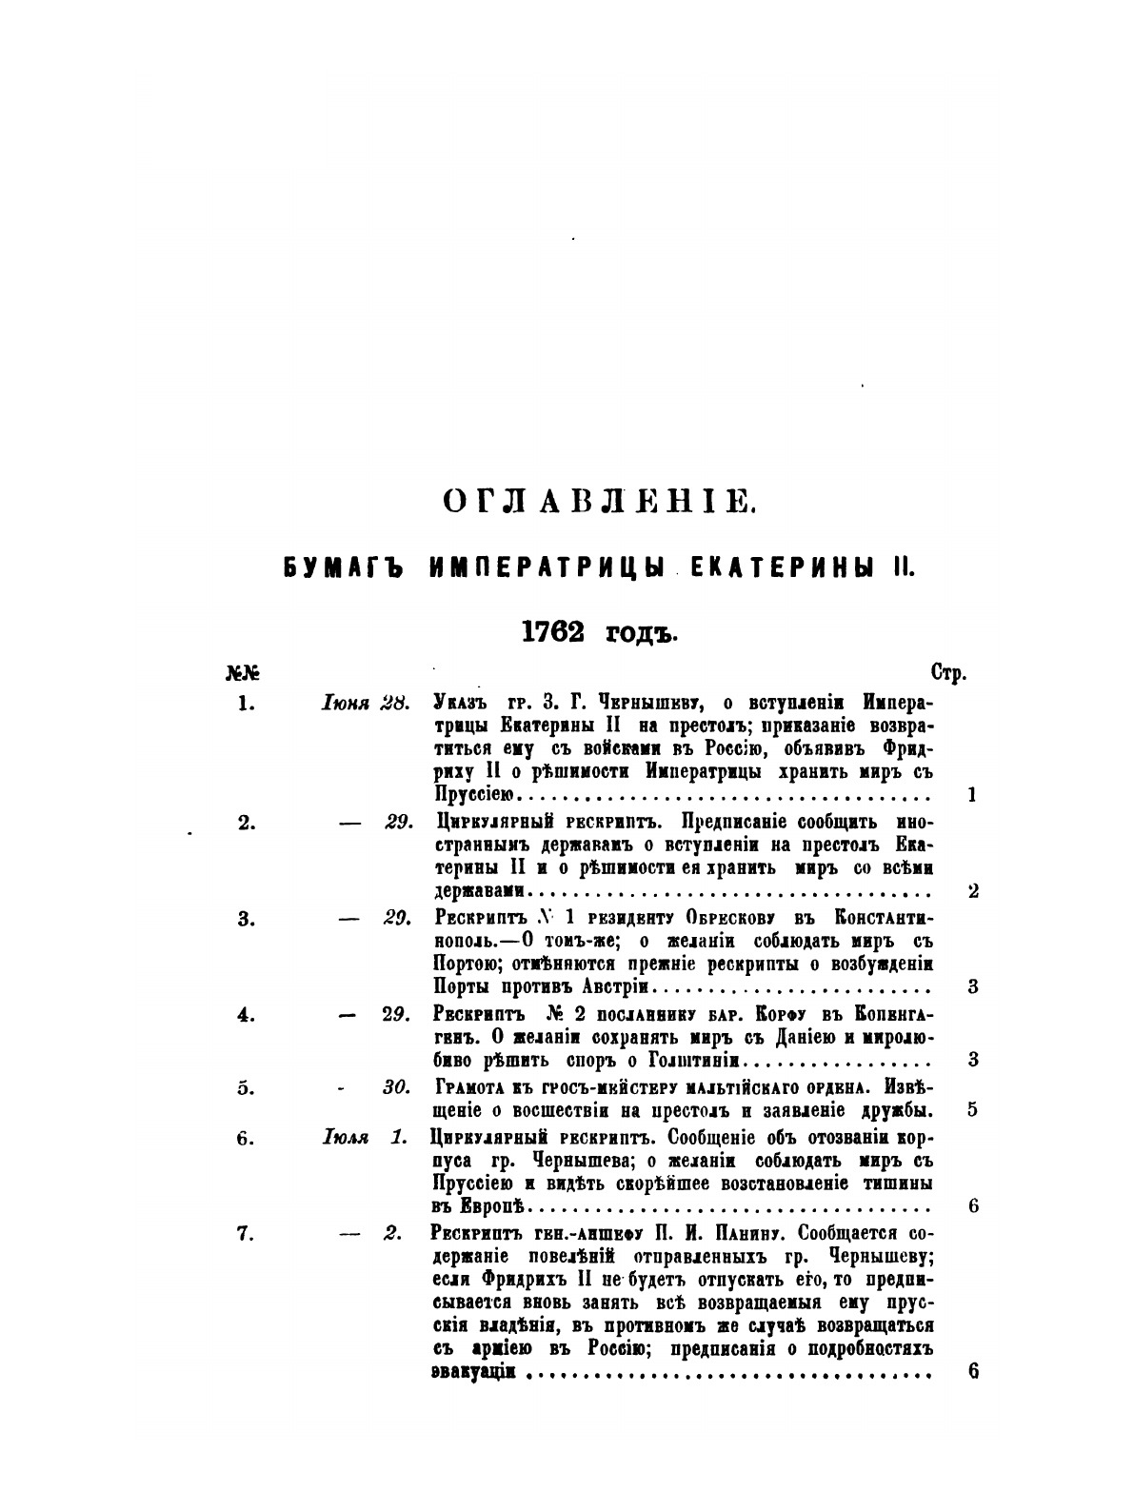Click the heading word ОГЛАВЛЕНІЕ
(600, 500)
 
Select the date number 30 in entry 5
(396, 1087)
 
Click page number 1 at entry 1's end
(971, 796)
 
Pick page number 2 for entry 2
(972, 892)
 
